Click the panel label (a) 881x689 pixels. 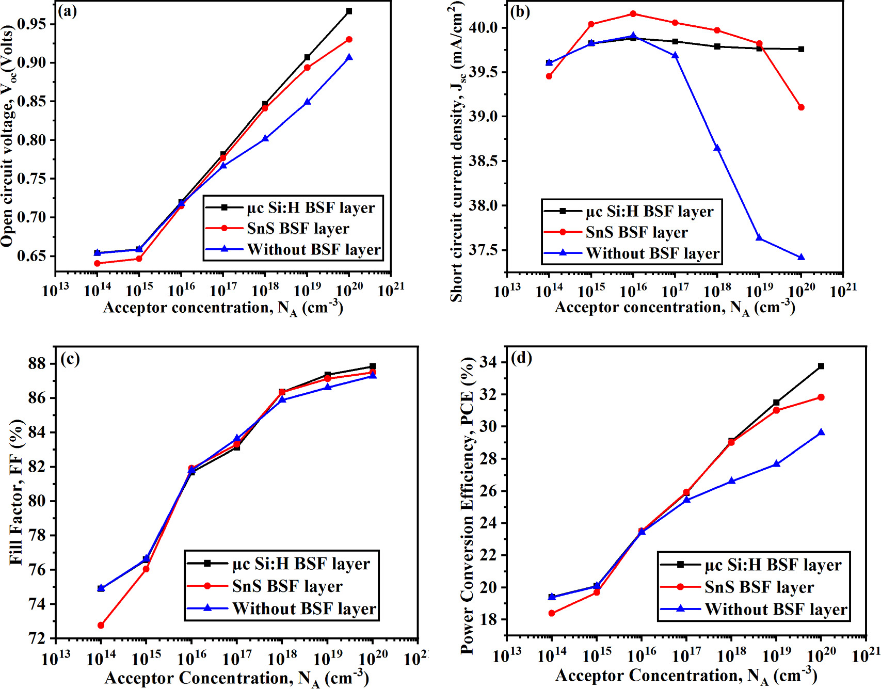(67, 11)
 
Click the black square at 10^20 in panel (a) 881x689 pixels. (349, 11)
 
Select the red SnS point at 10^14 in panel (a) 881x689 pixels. (97, 263)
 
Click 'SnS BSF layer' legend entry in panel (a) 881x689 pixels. (298, 228)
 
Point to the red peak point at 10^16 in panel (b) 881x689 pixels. (633, 14)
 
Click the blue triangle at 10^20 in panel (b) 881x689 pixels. (801, 257)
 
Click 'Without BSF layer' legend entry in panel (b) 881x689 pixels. (652, 253)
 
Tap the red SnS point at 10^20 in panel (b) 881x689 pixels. (801, 107)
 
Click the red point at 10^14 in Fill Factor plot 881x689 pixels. (101, 625)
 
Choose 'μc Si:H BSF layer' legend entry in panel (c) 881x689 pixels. (301, 564)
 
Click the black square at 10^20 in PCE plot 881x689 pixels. (821, 366)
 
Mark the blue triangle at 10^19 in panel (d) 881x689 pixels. (776, 464)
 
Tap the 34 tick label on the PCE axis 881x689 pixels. (488, 362)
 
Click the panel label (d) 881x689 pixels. (521, 358)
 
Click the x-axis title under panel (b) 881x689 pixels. (674, 308)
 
